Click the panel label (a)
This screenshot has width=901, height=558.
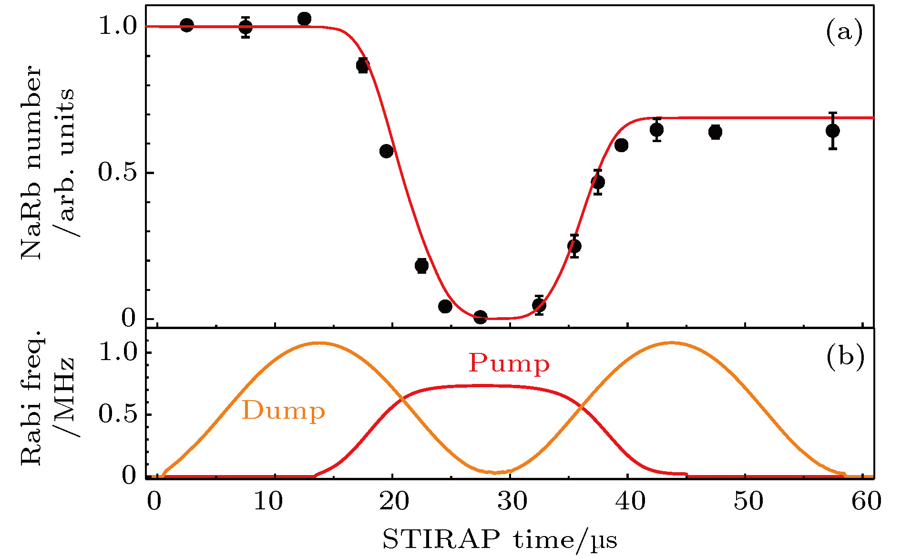click(x=844, y=32)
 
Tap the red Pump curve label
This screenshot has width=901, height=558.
click(x=509, y=363)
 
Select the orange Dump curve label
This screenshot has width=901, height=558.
click(x=283, y=411)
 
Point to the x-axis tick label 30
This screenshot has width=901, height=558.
click(x=512, y=501)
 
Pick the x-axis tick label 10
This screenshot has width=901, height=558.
click(x=268, y=501)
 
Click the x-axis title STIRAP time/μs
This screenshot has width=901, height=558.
click(x=500, y=540)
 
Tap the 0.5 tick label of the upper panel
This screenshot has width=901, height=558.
click(x=117, y=172)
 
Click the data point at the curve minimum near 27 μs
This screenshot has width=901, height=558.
click(x=481, y=317)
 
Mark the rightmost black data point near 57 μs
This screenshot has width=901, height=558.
click(x=832, y=131)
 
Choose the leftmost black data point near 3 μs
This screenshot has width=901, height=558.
click(x=187, y=26)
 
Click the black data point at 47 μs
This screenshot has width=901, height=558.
click(x=715, y=132)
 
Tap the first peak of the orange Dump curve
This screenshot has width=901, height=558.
click(x=318, y=342)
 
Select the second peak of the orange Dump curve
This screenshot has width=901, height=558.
click(x=671, y=342)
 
